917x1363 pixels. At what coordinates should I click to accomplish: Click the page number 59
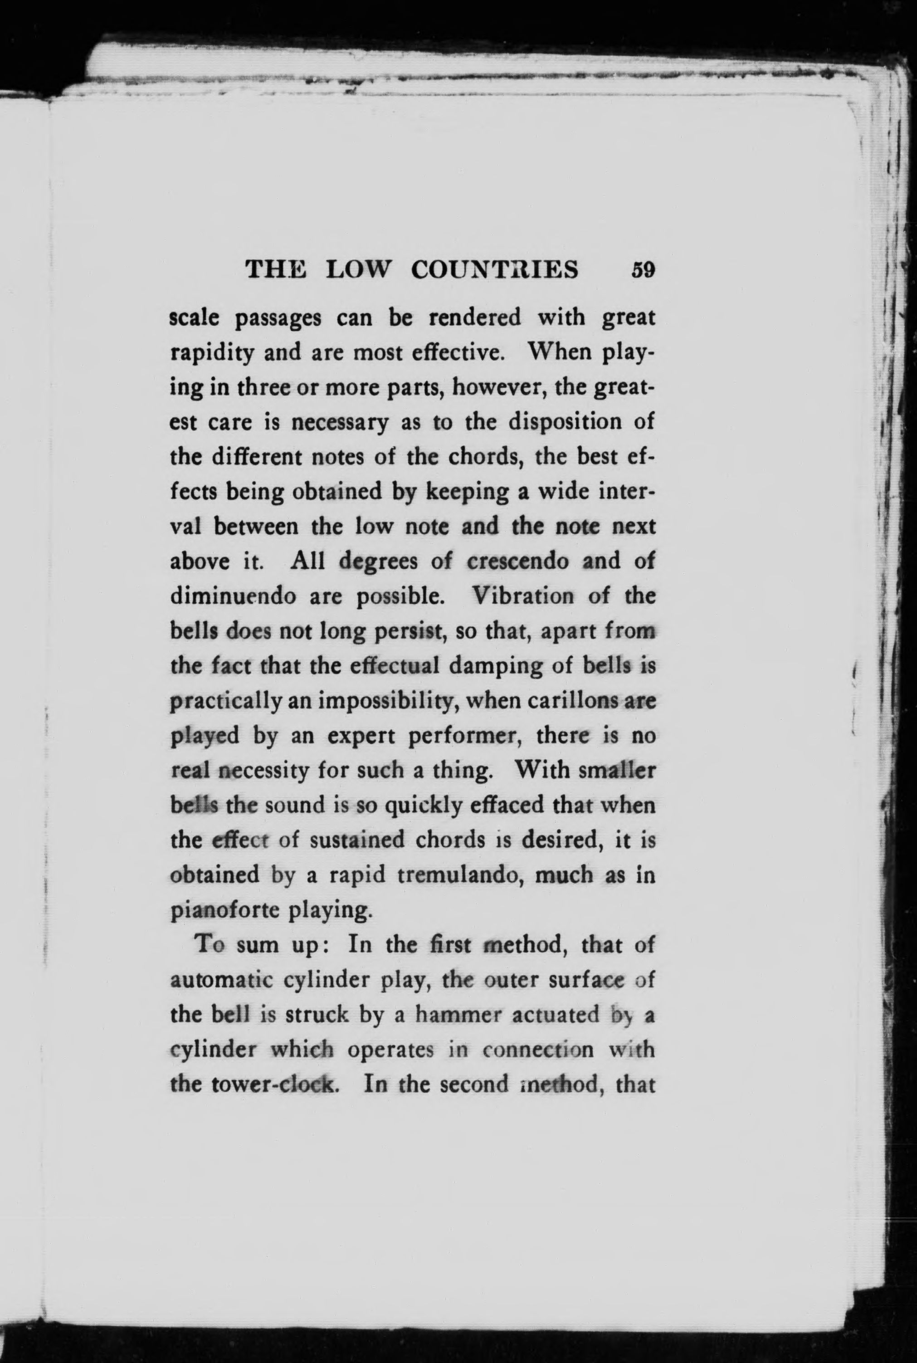642,271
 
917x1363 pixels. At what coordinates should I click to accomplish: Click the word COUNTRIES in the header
495,270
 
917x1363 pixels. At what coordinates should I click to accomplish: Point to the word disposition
564,422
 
